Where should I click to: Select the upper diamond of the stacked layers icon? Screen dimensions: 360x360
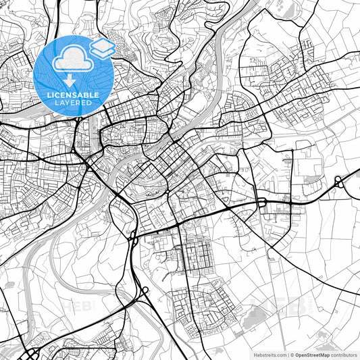(x=102, y=44)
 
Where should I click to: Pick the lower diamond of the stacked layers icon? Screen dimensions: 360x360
(x=102, y=51)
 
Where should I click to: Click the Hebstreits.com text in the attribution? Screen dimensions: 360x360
(x=268, y=354)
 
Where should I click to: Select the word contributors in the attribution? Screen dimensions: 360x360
(x=344, y=354)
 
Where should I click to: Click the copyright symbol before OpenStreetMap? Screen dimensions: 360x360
(x=292, y=354)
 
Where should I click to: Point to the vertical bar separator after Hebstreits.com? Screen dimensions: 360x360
(x=288, y=354)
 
